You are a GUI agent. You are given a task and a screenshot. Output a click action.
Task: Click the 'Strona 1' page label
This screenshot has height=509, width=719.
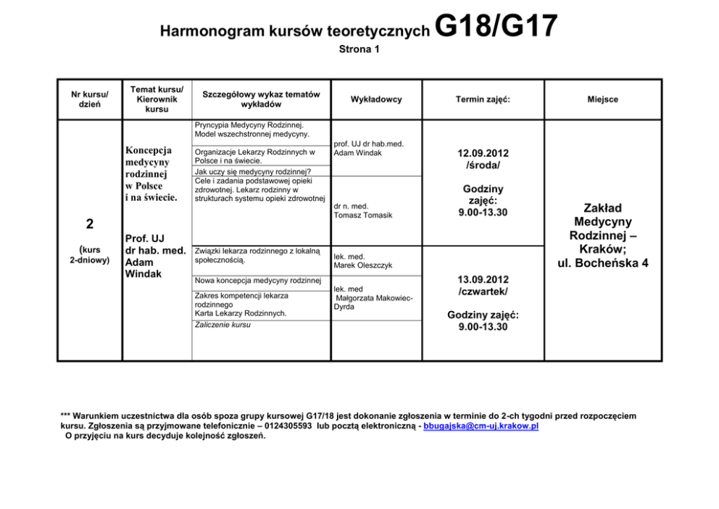pos(359,50)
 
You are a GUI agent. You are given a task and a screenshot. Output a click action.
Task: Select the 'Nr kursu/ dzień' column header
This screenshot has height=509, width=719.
pos(90,99)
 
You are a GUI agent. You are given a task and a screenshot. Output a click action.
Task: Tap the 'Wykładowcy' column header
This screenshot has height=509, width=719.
pos(375,99)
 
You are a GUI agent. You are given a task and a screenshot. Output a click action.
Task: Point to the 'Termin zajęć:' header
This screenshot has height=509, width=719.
pos(483,99)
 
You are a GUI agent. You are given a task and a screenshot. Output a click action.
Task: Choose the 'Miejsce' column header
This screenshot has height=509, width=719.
pos(603,99)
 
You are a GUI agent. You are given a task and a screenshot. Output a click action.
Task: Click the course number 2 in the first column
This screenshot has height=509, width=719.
pos(88,222)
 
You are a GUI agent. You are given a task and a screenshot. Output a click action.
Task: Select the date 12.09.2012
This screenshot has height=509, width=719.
pos(483,153)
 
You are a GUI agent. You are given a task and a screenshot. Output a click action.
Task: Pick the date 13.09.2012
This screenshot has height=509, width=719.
pos(483,279)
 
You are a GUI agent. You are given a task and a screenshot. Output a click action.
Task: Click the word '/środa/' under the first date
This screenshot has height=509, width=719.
pos(483,165)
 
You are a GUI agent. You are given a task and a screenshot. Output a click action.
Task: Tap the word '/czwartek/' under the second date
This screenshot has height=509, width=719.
pos(483,291)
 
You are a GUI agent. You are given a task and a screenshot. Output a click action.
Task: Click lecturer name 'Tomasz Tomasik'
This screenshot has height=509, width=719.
pos(363,216)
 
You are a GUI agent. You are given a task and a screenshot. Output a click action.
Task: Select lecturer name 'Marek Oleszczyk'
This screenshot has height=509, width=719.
pos(363,265)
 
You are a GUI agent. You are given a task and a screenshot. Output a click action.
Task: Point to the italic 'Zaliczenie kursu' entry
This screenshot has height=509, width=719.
pos(223,325)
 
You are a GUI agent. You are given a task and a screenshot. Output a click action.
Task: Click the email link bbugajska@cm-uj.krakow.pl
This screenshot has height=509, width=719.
pos(481,426)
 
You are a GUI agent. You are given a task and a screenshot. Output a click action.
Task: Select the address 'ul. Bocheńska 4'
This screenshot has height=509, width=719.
pos(603,263)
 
